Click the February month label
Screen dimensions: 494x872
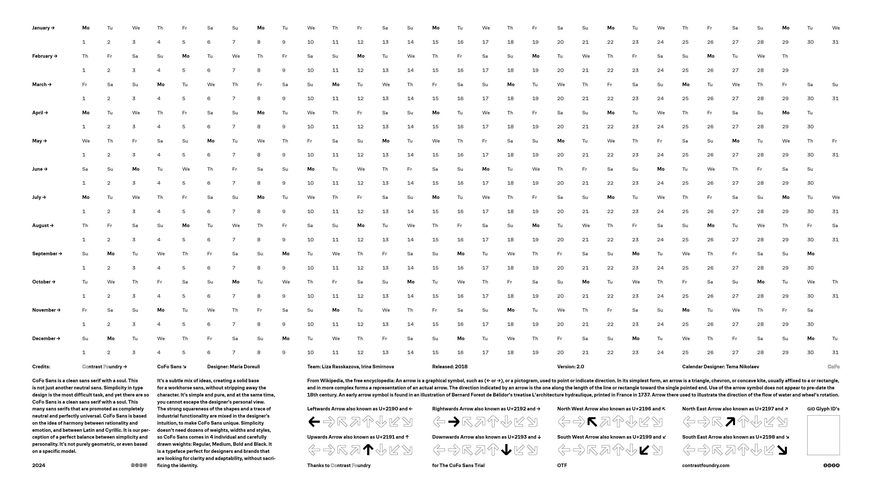(x=44, y=56)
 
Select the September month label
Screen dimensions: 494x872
(x=47, y=253)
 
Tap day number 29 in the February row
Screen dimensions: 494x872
(x=785, y=70)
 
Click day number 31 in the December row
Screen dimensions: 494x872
(x=835, y=352)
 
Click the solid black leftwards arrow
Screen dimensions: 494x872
(x=314, y=422)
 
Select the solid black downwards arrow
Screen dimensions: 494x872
(x=506, y=450)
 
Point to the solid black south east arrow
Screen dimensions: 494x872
(x=782, y=450)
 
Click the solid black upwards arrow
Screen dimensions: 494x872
(x=368, y=450)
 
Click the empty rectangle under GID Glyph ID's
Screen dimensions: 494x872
(x=823, y=435)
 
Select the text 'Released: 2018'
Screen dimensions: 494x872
(x=450, y=366)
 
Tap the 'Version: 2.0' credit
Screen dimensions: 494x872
(x=570, y=366)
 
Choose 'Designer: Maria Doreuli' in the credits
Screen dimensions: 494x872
(x=233, y=366)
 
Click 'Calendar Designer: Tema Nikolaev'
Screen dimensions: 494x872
(x=720, y=366)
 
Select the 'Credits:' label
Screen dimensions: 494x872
(x=41, y=366)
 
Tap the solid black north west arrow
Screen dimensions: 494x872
(x=592, y=422)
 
